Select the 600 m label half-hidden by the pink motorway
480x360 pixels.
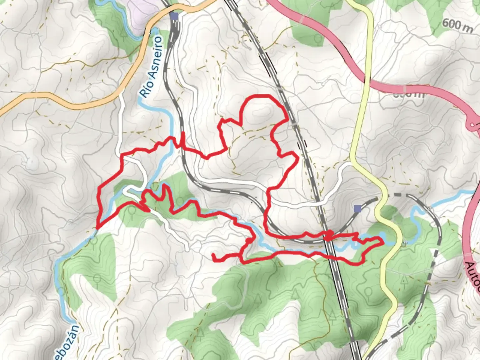[x=408, y=94]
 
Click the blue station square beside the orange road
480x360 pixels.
[x=174, y=16]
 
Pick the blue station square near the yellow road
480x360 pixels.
[x=358, y=209]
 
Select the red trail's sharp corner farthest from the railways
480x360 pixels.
[x=97, y=228]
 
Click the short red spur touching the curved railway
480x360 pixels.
[x=183, y=138]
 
